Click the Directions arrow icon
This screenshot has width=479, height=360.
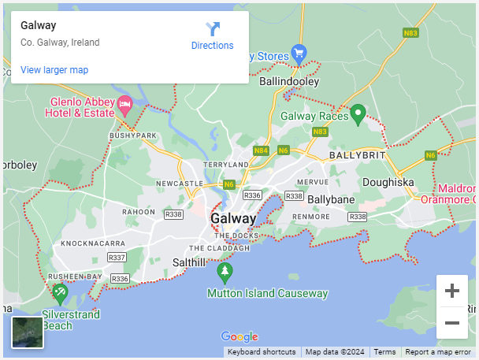click(213, 30)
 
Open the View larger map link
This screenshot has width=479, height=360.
click(54, 70)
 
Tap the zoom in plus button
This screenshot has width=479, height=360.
click(452, 291)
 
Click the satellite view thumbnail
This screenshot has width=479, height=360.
click(28, 332)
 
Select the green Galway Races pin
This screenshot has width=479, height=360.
click(358, 114)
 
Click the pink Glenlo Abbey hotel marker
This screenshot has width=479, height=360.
click(124, 104)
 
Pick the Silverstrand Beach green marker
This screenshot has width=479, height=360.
click(60, 293)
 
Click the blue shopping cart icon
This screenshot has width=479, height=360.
click(299, 54)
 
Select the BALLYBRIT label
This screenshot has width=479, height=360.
click(358, 156)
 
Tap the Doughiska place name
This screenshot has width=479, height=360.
click(388, 182)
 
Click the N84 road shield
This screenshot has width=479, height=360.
click(262, 150)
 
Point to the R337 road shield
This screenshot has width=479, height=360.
click(117, 258)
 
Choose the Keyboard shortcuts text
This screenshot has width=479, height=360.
click(262, 352)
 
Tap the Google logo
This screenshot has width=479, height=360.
click(239, 337)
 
